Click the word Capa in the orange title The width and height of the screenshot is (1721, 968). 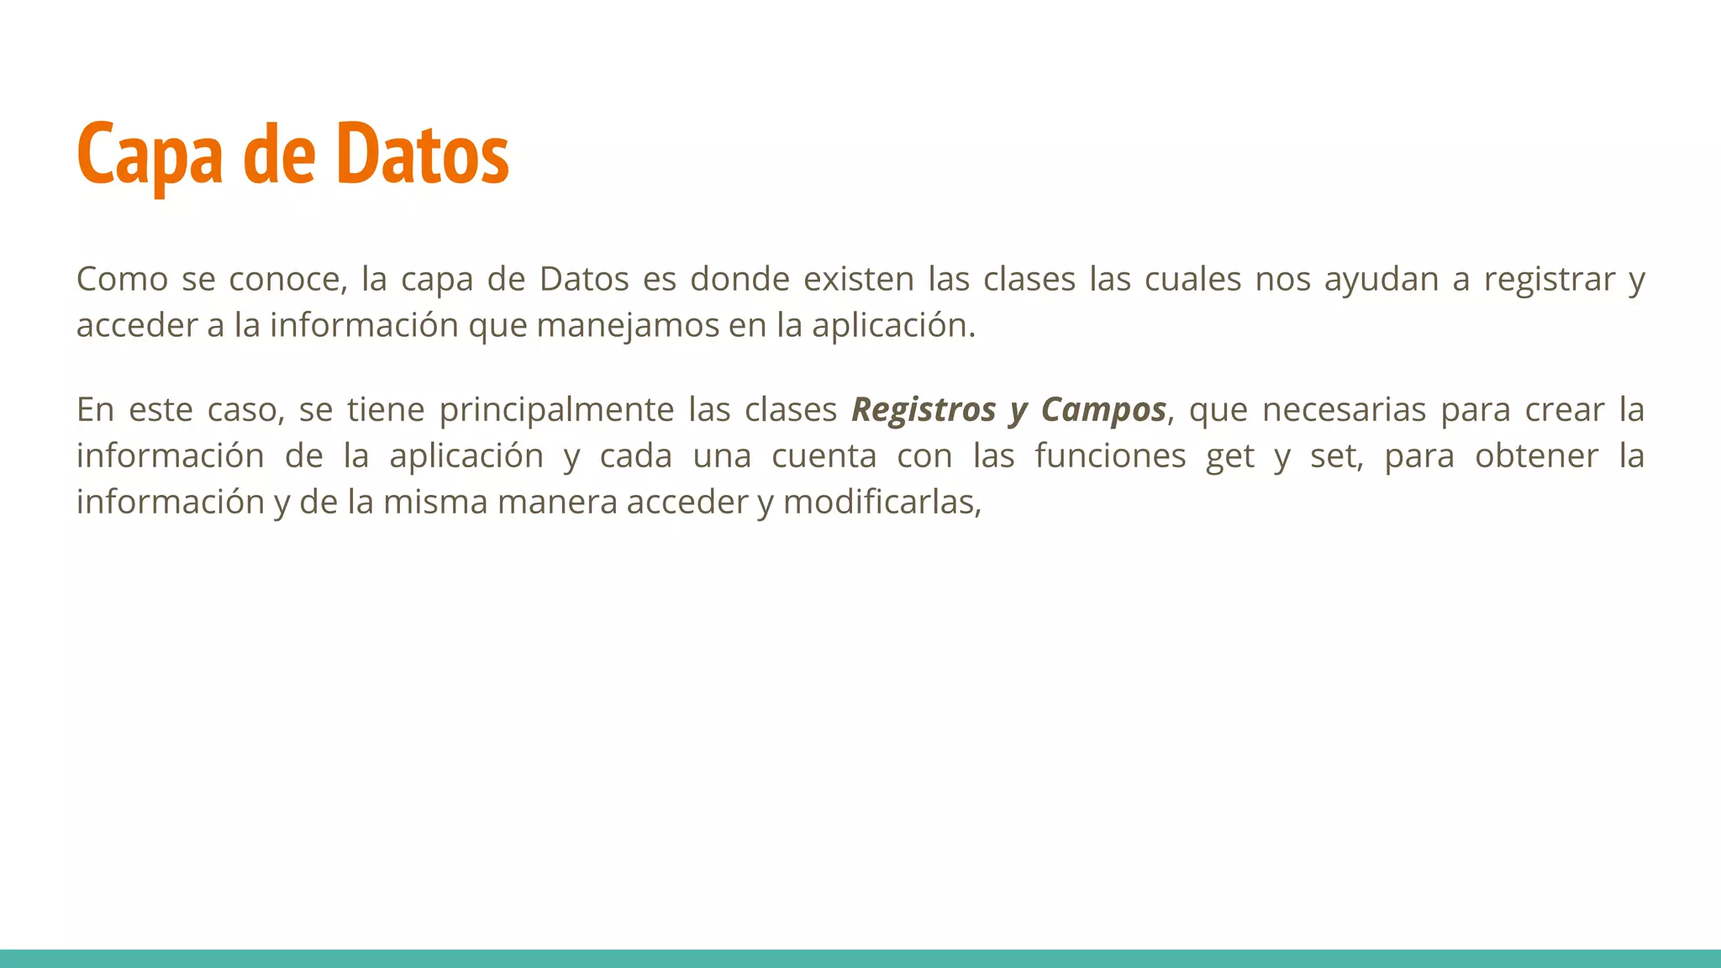tap(150, 155)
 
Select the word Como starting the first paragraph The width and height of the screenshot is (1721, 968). tap(122, 279)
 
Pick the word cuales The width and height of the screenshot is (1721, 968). tap(1192, 279)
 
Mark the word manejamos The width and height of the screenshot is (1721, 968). tap(628, 326)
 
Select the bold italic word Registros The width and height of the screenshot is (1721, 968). tap(924, 410)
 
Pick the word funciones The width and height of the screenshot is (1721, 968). tap(1110, 456)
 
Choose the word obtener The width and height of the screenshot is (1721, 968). tap(1536, 456)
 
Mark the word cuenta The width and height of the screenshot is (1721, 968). tap(824, 456)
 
